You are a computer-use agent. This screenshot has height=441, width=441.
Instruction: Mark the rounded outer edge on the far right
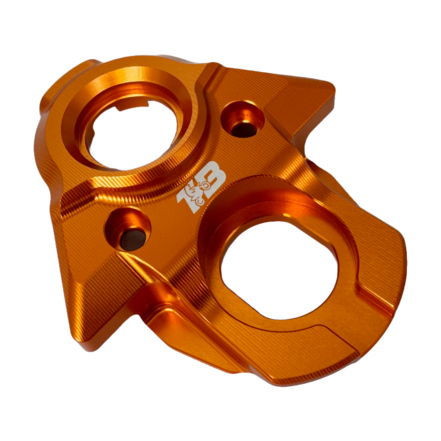pos(402,261)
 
